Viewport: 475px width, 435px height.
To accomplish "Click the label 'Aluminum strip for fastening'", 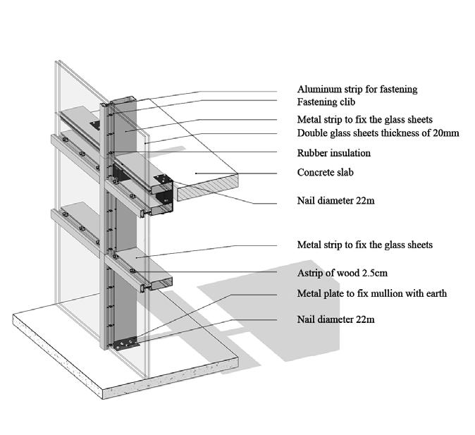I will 357,90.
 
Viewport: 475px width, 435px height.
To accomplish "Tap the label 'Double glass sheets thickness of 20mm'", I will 378,133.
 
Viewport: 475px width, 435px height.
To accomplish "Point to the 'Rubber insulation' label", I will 334,153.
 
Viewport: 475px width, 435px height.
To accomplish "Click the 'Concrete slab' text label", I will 325,173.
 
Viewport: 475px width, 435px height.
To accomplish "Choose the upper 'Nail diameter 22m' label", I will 335,201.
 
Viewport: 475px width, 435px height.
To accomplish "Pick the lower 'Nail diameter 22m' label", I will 335,319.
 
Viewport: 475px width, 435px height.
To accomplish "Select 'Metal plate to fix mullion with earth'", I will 371,293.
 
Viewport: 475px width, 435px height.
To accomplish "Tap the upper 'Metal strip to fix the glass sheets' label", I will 365,119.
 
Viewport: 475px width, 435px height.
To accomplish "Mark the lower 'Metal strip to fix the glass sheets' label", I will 365,245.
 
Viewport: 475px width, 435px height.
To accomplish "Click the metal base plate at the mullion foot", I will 125,343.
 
